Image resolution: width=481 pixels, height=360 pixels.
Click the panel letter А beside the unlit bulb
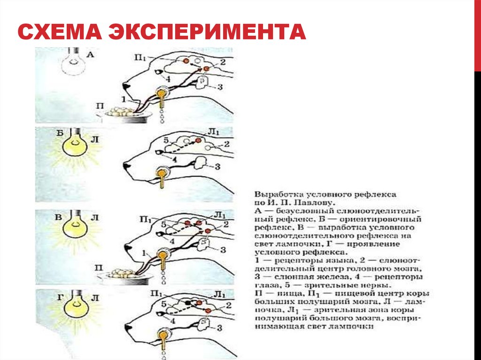coord(91,55)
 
